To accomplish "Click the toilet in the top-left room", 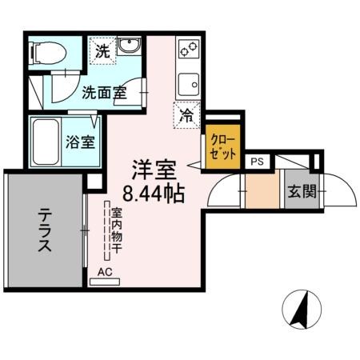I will tap(47, 53).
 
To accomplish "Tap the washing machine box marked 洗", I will tap(103, 50).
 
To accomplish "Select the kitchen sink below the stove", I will tap(190, 83).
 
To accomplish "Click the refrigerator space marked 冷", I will tap(186, 115).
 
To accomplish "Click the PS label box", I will tap(257, 161).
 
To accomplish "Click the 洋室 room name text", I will tap(154, 170).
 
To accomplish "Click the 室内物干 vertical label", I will tap(115, 232).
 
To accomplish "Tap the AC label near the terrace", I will tap(105, 272).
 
